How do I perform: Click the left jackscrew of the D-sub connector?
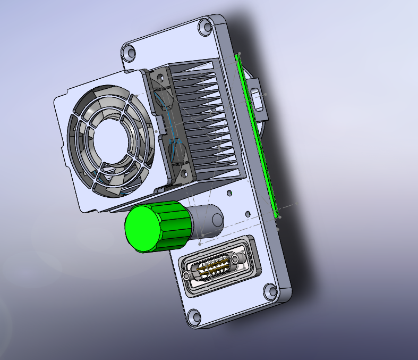[x=187, y=277]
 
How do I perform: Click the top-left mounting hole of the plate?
[x=129, y=53]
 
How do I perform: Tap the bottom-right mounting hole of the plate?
[x=270, y=291]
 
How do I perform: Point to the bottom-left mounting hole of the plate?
[x=194, y=317]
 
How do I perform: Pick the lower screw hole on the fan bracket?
[x=183, y=173]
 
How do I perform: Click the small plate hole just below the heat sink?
[x=229, y=193]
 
